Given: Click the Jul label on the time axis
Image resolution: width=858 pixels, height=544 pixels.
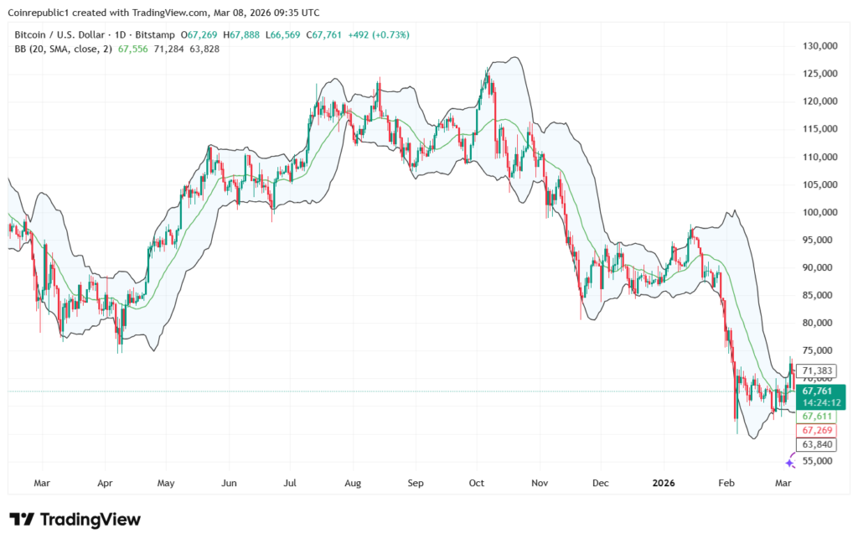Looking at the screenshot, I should tap(290, 484).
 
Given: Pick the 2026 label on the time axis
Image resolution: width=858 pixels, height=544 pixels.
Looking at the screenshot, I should tap(664, 484).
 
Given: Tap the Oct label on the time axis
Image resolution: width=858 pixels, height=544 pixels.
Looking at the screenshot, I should tap(477, 484).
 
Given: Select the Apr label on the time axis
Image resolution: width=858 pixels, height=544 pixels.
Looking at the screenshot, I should tap(104, 484).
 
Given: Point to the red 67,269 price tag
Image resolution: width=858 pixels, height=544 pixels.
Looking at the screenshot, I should tap(818, 430).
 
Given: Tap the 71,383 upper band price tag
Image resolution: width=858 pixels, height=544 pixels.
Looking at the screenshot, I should tap(818, 370).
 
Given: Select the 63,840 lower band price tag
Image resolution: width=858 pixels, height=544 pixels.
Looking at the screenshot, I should tap(818, 444).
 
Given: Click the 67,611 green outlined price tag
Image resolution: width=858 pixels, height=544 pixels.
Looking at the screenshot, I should tap(818, 417).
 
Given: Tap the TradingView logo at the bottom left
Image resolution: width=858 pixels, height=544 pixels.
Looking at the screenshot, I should tap(75, 520).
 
